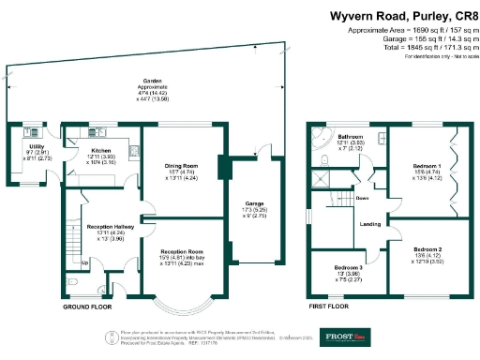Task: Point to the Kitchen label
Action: (x=101, y=150)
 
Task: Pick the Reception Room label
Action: (x=183, y=252)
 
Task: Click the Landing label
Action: (x=370, y=224)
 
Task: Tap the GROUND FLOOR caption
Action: (x=88, y=307)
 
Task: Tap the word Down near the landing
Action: (x=361, y=199)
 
